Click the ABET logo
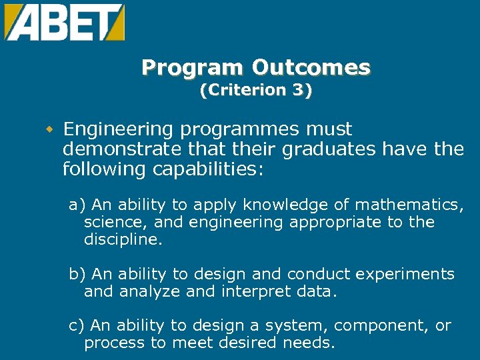pos(64,22)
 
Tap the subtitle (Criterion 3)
pos(256,91)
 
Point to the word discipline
pos(123,239)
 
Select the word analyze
pos(144,291)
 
